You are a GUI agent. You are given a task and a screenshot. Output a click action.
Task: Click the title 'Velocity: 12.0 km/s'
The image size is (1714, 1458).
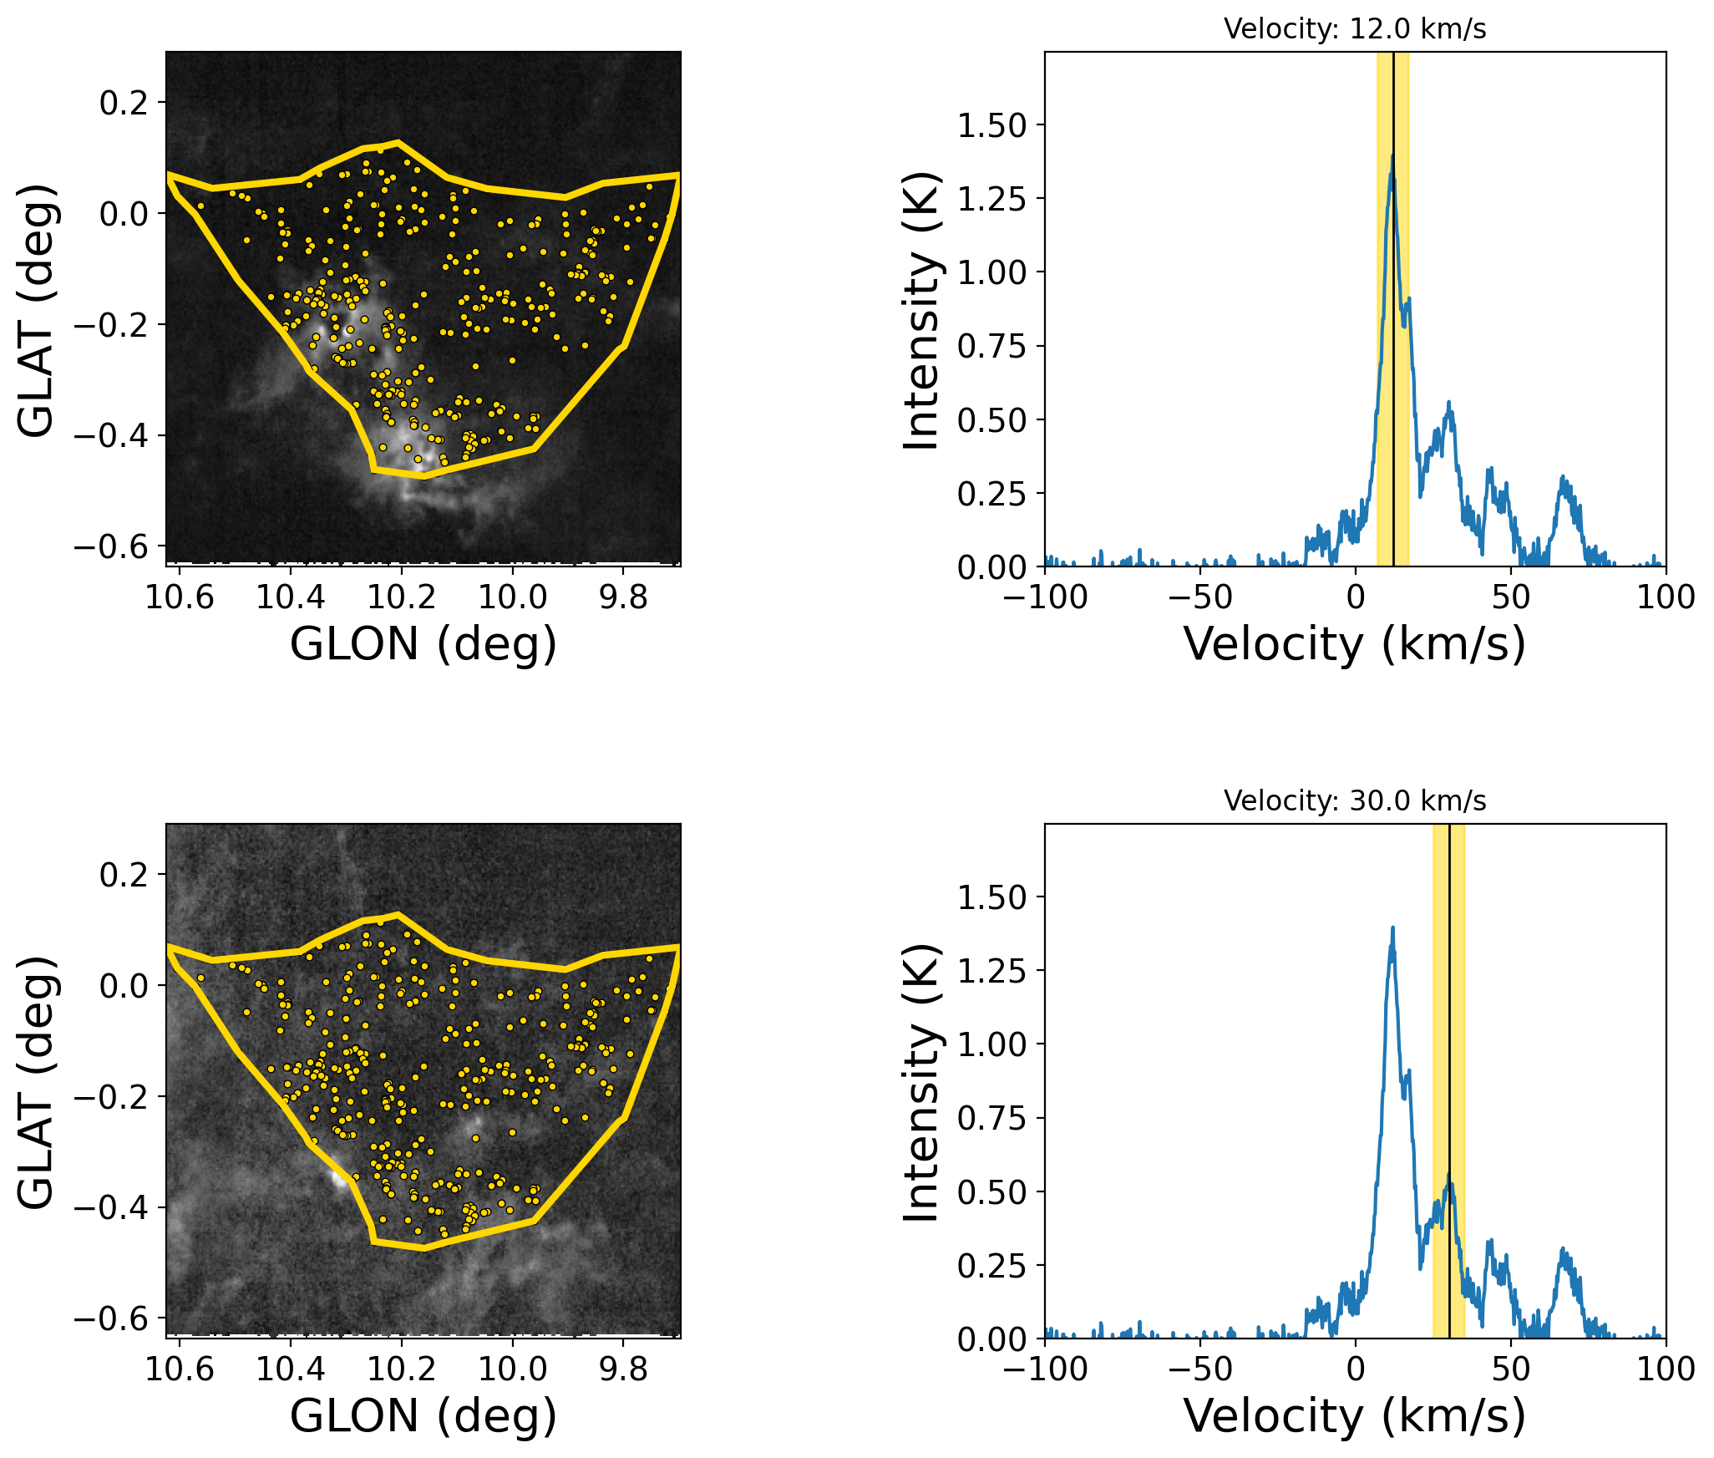click(1355, 29)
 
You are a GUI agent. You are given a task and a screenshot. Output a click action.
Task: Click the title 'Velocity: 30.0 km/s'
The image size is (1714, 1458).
click(1355, 801)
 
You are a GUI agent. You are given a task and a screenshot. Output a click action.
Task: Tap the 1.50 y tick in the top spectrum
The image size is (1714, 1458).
click(991, 125)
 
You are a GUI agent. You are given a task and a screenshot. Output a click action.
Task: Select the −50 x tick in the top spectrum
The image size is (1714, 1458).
click(1200, 597)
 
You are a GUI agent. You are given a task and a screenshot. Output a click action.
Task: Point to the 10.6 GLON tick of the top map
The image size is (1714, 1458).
click(179, 597)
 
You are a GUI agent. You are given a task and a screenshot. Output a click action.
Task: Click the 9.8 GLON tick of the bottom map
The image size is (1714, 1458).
click(623, 1369)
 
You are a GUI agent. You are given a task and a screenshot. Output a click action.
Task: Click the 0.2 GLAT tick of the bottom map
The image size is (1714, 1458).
click(123, 875)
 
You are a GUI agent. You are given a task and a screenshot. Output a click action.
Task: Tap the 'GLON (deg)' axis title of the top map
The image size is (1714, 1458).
click(423, 644)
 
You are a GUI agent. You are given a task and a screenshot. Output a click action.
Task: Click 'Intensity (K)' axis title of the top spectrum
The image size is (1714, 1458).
click(922, 310)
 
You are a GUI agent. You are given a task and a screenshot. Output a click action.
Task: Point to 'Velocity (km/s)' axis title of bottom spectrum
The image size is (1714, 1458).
click(1355, 1416)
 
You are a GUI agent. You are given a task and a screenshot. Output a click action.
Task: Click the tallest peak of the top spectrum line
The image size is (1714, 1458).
click(1392, 156)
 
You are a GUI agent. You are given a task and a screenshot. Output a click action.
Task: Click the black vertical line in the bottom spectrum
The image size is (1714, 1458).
click(1449, 1044)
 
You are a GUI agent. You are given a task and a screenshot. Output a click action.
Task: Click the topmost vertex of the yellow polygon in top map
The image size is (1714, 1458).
click(398, 142)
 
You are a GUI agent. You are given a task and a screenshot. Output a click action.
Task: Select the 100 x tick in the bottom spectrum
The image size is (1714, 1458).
click(1666, 1369)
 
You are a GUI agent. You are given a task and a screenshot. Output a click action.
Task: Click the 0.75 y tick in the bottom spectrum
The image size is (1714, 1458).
click(991, 1118)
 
